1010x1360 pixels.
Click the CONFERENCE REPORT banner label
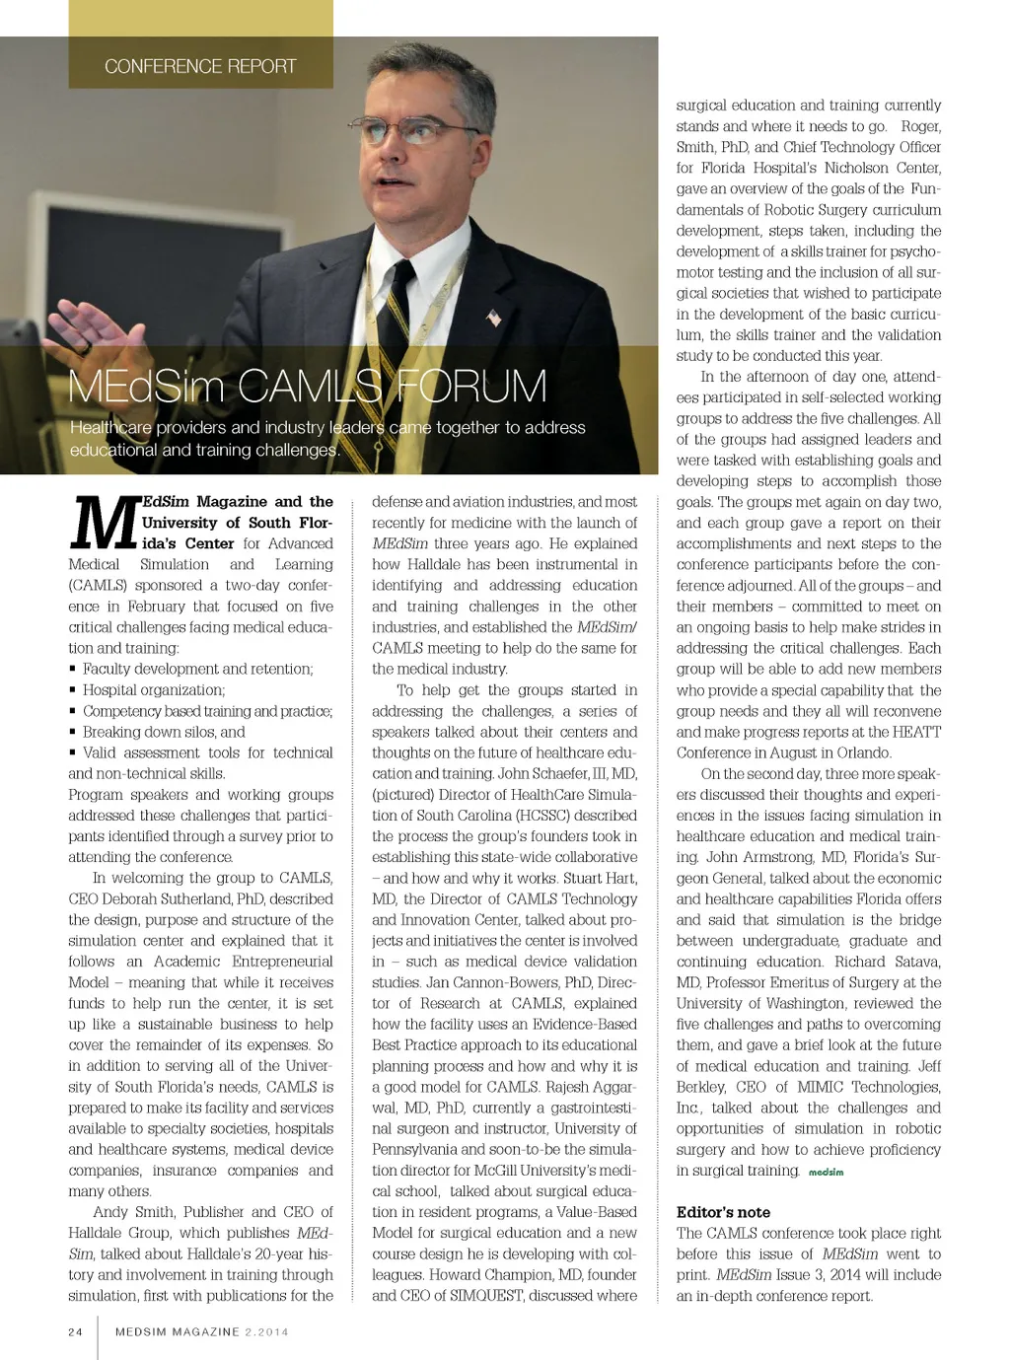(x=200, y=66)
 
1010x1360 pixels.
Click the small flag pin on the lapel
(x=494, y=318)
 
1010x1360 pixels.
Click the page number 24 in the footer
(x=76, y=1331)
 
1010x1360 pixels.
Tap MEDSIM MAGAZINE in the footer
(x=178, y=1331)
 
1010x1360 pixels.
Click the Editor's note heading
(x=723, y=1212)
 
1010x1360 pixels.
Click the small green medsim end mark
(x=826, y=1172)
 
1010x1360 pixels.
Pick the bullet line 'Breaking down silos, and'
(x=164, y=732)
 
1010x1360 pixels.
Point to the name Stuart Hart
(x=601, y=878)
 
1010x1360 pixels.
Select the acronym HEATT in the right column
(x=916, y=732)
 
